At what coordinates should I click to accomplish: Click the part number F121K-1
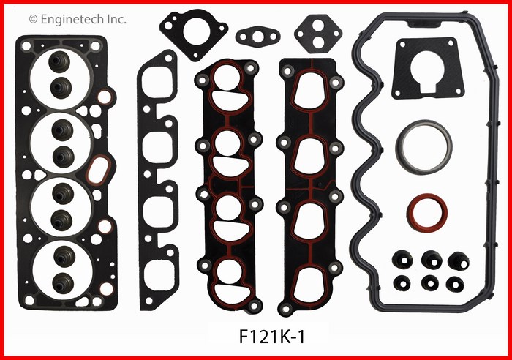272,337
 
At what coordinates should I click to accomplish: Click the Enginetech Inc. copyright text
78,20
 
